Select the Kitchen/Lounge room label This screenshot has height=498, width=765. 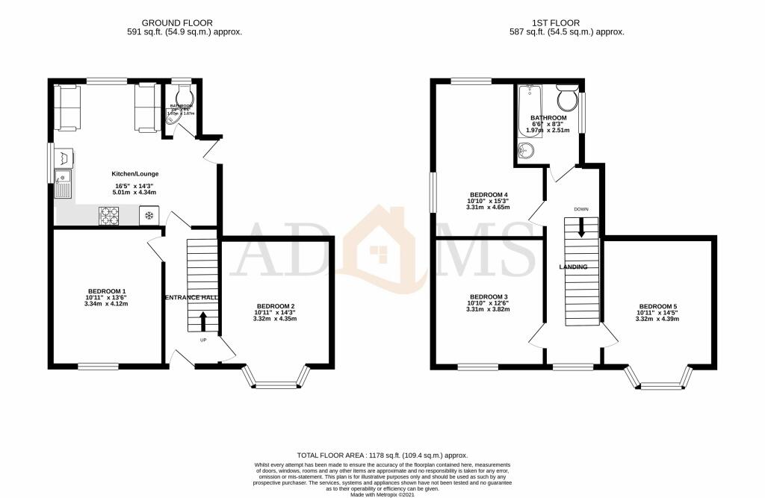click(135, 174)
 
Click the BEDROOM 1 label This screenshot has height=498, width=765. click(107, 291)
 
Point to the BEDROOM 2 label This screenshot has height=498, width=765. click(276, 306)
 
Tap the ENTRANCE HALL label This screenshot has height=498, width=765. click(191, 297)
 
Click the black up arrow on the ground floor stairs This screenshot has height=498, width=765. click(202, 322)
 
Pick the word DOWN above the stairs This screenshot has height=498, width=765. click(582, 209)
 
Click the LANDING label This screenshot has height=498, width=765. click(574, 267)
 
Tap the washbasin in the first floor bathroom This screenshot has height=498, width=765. click(527, 152)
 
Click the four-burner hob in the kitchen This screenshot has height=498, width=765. click(109, 216)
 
